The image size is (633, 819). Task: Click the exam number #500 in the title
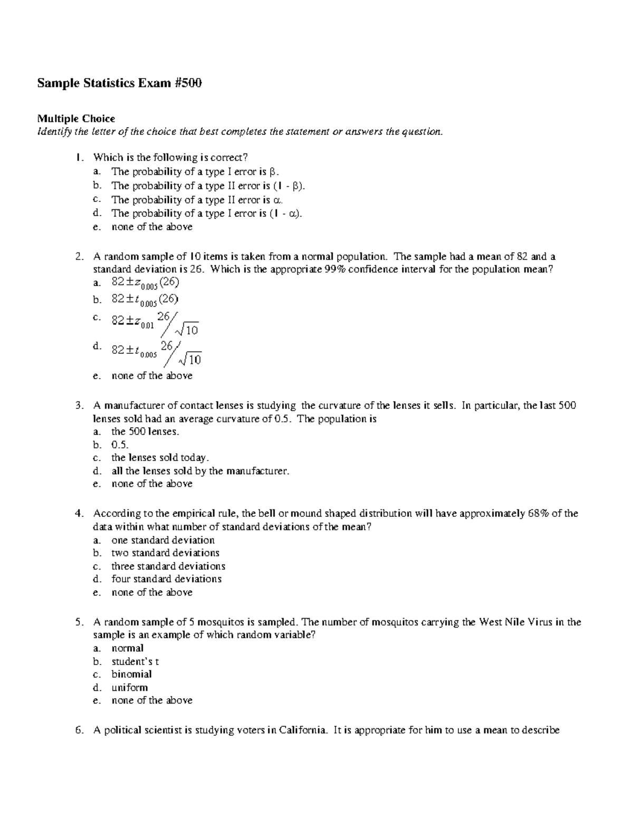(x=188, y=83)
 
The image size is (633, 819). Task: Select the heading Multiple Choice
(x=75, y=118)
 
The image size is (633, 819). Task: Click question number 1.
(x=79, y=157)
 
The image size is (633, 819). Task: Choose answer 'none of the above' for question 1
(x=152, y=227)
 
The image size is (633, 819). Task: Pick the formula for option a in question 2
(x=146, y=283)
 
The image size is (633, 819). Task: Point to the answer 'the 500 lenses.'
(x=145, y=431)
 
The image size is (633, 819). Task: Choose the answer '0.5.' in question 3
(x=120, y=445)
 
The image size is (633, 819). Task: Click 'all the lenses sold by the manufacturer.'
(x=200, y=471)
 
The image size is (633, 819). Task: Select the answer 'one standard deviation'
(x=163, y=540)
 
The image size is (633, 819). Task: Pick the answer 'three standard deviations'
(x=168, y=566)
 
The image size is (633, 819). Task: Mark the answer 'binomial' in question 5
(x=131, y=675)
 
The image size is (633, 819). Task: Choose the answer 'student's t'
(x=135, y=661)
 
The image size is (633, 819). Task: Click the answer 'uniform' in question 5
(x=129, y=688)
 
